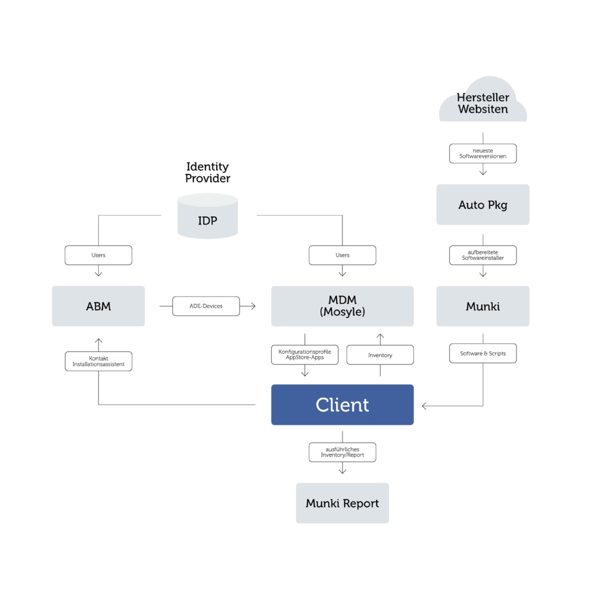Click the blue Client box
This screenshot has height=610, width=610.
tap(342, 404)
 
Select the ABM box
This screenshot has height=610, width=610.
tap(98, 306)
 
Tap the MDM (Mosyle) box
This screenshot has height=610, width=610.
tap(342, 306)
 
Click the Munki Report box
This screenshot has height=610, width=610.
tap(342, 503)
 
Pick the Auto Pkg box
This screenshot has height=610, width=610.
tap(483, 204)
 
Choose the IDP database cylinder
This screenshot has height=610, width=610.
tap(207, 219)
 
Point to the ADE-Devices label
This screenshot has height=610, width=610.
tap(206, 306)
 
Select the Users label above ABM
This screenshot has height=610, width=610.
tap(98, 255)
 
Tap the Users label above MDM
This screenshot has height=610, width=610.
tap(342, 255)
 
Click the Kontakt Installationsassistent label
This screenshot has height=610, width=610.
tap(98, 361)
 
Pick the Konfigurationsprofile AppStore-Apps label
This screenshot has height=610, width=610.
tap(304, 354)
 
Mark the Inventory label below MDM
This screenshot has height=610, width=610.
tap(380, 355)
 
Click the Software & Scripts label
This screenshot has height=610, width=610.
tap(483, 353)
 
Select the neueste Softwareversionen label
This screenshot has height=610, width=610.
tap(483, 154)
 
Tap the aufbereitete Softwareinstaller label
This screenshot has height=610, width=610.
tap(483, 255)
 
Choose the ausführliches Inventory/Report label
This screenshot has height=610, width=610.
tap(342, 452)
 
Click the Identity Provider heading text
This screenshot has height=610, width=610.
tap(207, 172)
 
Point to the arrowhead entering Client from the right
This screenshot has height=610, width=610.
tap(425, 406)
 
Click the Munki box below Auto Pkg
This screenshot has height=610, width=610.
tap(483, 306)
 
